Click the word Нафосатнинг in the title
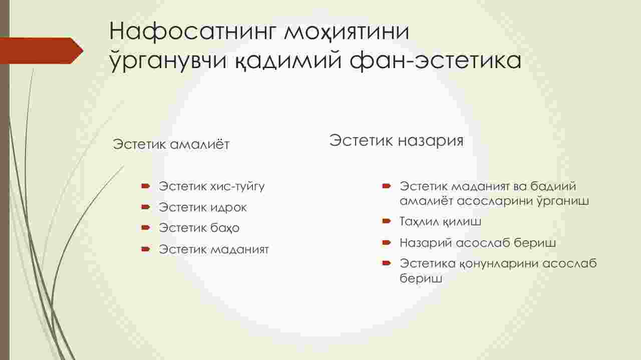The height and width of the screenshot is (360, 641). click(193, 32)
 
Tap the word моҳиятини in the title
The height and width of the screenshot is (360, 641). click(347, 32)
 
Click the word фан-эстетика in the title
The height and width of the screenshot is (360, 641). click(435, 61)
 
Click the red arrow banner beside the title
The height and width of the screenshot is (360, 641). click(42, 51)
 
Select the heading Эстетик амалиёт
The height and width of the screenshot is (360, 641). click(171, 144)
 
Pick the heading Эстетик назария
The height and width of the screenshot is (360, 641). click(396, 140)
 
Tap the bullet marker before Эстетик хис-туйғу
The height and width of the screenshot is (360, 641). click(146, 186)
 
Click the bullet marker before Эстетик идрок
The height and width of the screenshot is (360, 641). click(146, 207)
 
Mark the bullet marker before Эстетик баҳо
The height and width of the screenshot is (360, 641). click(146, 228)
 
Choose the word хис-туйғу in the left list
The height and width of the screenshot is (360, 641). click(237, 187)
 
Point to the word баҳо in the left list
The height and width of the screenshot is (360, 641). click(225, 228)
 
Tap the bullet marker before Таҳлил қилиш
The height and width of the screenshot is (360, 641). click(387, 221)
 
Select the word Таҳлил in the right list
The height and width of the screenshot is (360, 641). click(419, 221)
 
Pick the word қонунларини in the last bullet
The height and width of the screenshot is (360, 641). click(499, 263)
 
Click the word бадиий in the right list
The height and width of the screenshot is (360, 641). click(553, 186)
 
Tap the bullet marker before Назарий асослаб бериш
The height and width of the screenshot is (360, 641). click(387, 243)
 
